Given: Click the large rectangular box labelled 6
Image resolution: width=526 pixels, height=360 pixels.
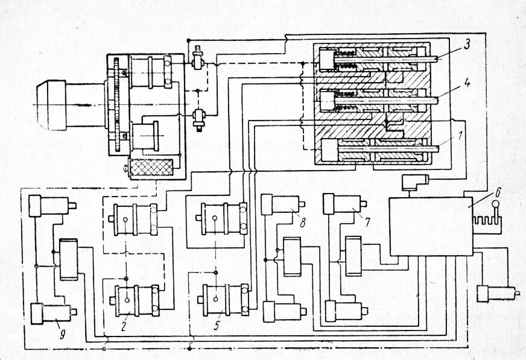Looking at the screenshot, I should tap(430, 226).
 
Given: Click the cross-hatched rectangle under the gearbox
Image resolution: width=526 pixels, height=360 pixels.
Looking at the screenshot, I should tap(153, 167).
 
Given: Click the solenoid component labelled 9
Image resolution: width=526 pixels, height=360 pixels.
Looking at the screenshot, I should tap(52, 312).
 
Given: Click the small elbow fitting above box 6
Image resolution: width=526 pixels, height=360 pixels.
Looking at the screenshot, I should tap(415, 180).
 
